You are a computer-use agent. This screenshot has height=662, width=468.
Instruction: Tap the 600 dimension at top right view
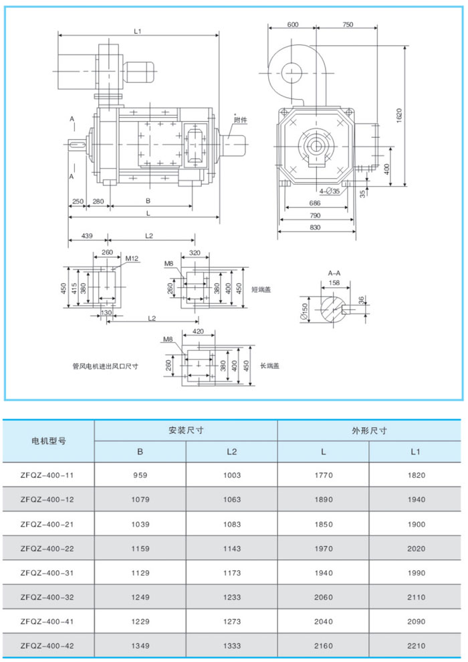tap(293, 24)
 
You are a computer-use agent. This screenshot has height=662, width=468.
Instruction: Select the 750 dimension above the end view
tap(347, 24)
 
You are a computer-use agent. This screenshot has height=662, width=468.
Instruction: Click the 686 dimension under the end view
tap(315, 203)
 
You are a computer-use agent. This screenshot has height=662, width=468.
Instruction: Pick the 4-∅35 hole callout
tap(329, 191)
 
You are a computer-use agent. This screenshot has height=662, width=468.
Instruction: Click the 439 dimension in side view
tap(86, 236)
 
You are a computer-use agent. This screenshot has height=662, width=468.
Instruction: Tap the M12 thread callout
tap(131, 258)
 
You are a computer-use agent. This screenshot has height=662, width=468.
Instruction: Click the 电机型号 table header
tap(48, 442)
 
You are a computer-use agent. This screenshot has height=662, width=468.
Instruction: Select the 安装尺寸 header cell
tap(186, 430)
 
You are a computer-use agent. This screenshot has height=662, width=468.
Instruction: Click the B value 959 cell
tap(140, 475)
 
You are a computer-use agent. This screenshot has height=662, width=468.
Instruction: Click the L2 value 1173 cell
tap(231, 574)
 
